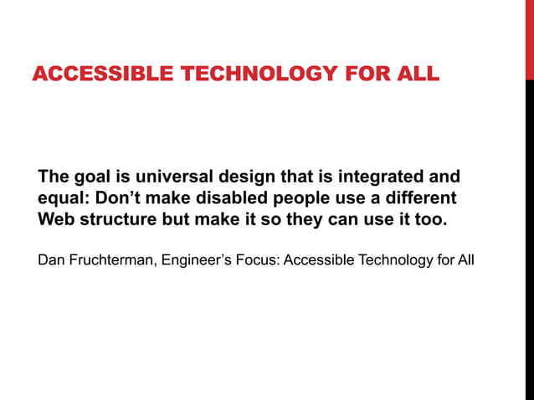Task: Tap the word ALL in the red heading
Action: pyautogui.click(x=413, y=74)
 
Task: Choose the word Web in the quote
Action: pyautogui.click(x=57, y=221)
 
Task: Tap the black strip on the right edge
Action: pyautogui.click(x=529, y=243)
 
